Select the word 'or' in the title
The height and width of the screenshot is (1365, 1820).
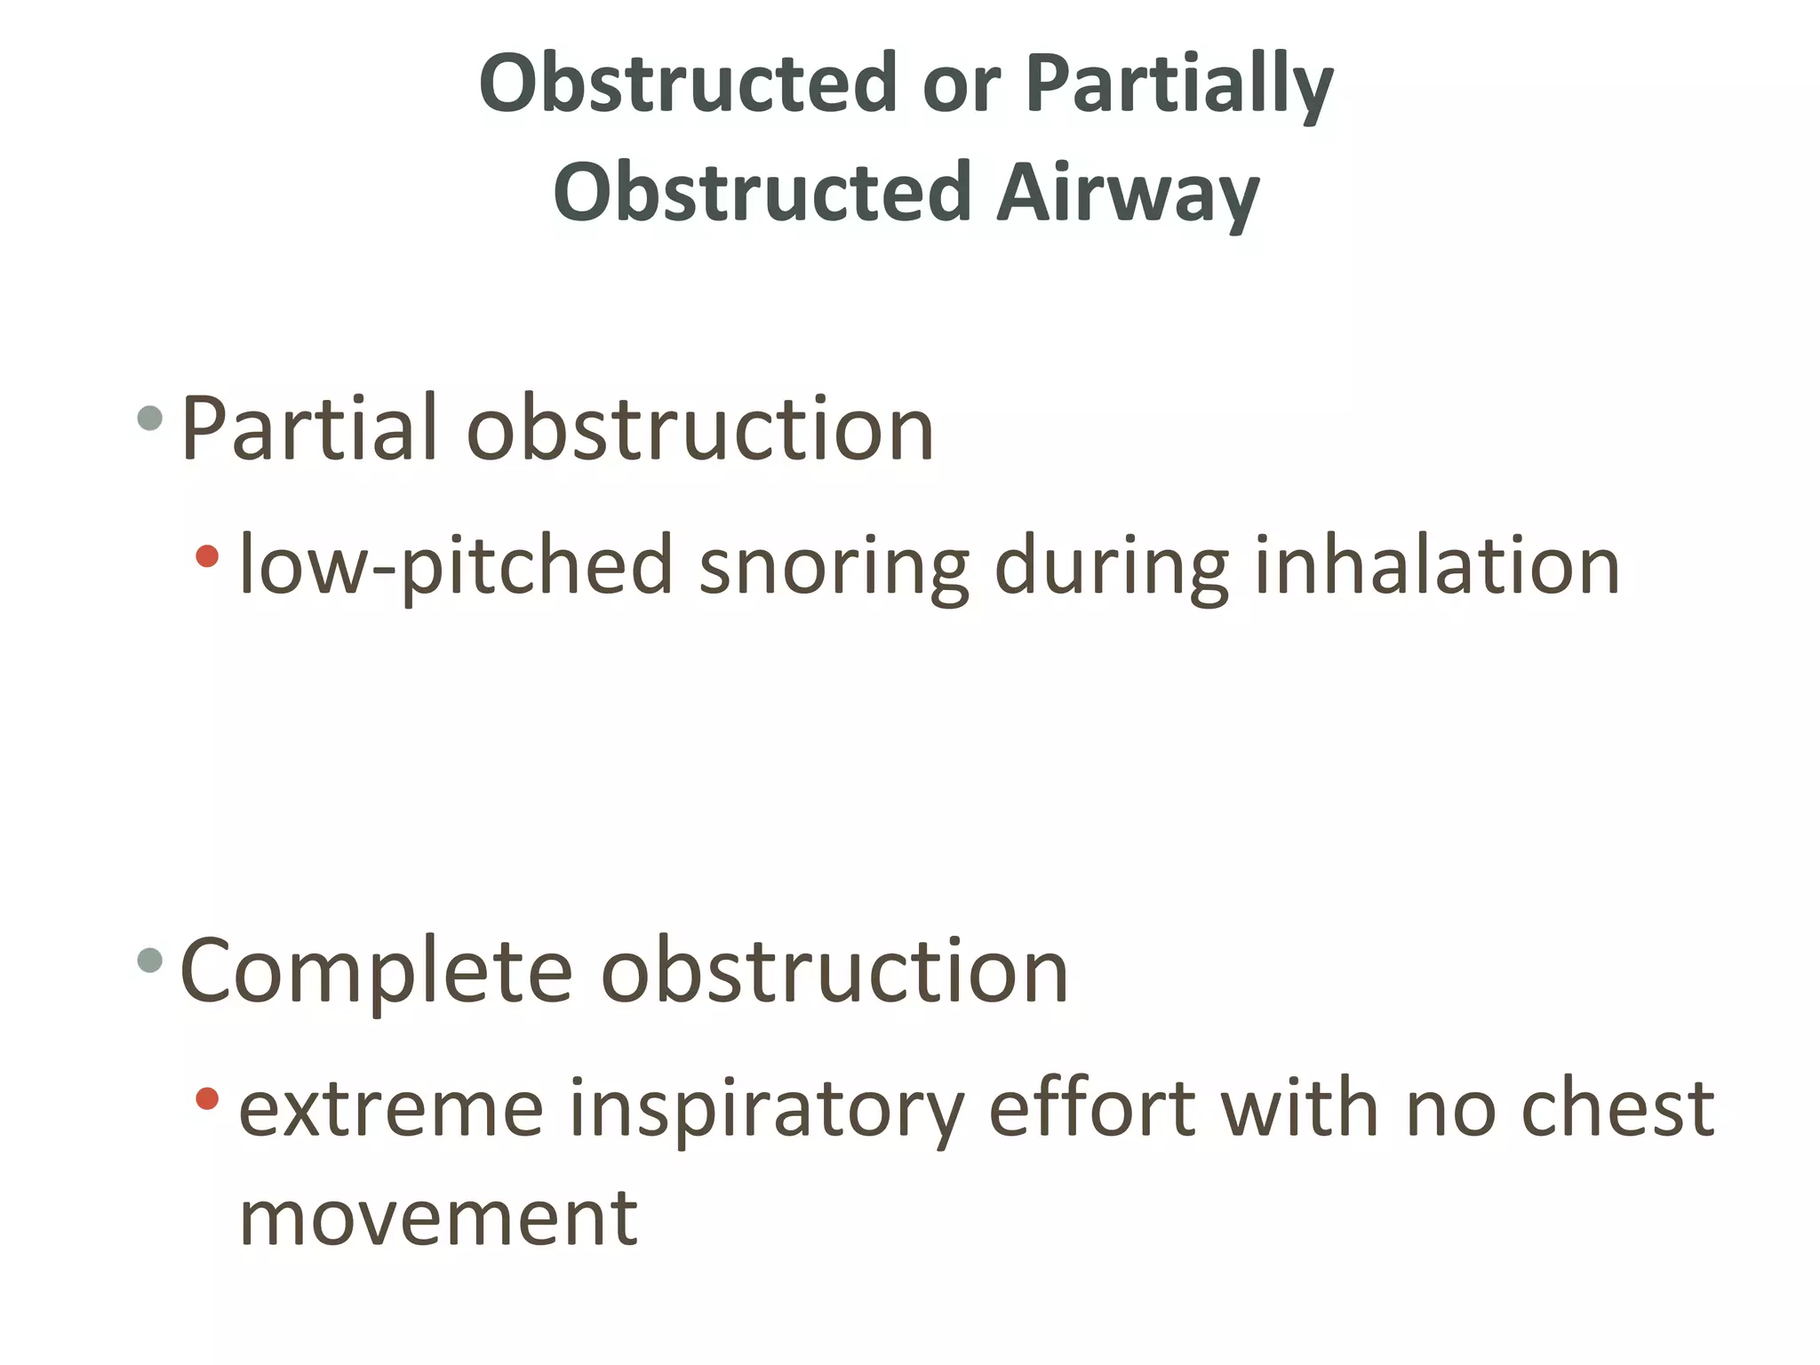(x=962, y=85)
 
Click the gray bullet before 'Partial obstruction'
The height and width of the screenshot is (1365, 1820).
(x=150, y=418)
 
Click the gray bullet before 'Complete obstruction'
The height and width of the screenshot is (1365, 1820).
(x=150, y=960)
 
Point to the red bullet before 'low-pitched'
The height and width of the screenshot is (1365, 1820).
(x=207, y=556)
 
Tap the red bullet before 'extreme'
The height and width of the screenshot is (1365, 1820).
(x=207, y=1098)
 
